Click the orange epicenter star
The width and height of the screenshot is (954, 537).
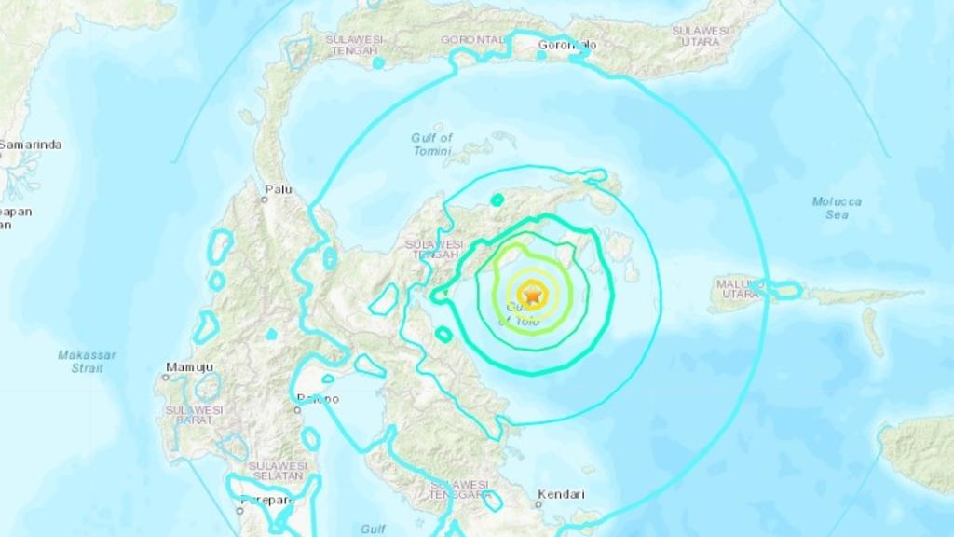(533, 296)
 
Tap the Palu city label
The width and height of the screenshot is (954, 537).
(278, 189)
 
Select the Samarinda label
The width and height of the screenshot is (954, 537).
(31, 145)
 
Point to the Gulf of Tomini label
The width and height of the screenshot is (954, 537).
(431, 144)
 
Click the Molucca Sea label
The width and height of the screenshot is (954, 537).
(836, 207)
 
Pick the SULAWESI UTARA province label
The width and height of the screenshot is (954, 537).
(701, 35)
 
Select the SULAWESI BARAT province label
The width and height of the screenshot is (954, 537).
(194, 415)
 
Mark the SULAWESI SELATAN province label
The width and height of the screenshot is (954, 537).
(276, 471)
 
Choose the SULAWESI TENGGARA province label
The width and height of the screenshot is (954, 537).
(460, 489)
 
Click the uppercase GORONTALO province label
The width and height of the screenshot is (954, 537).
(475, 39)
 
